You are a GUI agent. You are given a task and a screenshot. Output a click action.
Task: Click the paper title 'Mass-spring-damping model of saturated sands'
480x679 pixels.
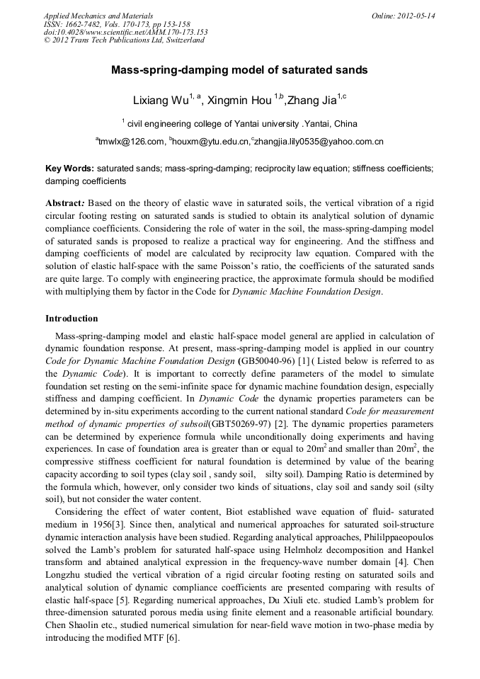(239, 70)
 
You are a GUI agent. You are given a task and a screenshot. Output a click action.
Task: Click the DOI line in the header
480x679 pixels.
(125, 32)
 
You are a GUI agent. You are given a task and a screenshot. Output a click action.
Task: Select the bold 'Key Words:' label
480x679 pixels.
(69, 169)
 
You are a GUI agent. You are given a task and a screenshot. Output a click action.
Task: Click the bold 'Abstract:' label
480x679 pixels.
(68, 202)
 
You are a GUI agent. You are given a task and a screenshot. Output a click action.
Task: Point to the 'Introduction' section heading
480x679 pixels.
(72, 319)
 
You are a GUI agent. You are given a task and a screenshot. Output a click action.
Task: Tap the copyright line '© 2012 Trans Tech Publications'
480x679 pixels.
(124, 40)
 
